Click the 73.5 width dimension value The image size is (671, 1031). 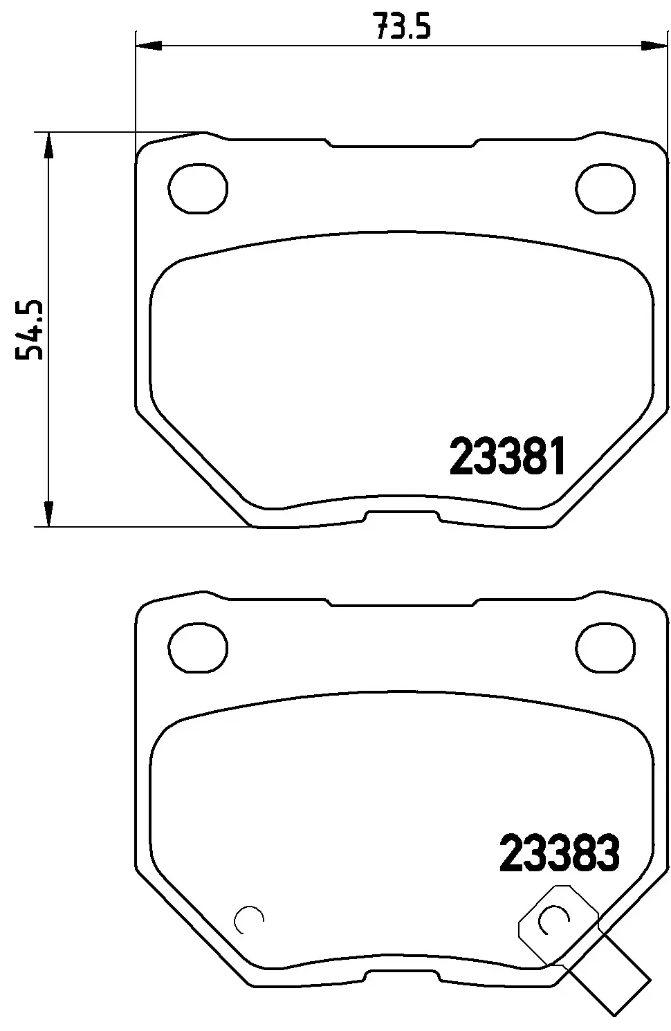click(402, 28)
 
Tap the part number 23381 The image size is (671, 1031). click(508, 457)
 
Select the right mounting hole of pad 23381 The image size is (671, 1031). click(605, 189)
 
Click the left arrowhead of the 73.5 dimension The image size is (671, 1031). click(148, 46)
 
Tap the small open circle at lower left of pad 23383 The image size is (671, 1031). click(249, 919)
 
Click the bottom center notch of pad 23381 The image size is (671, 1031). click(402, 516)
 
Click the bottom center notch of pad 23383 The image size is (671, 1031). click(402, 976)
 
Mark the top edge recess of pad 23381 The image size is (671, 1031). click(402, 145)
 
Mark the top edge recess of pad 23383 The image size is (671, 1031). click(402, 604)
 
